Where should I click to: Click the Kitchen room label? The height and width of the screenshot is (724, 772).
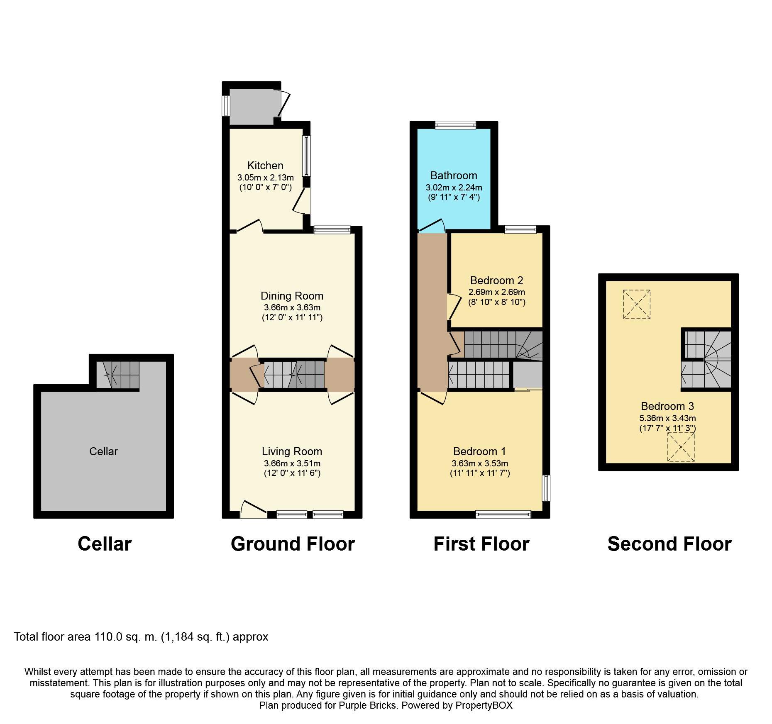pos(265,166)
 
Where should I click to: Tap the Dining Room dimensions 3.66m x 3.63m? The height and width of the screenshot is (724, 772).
pos(292,307)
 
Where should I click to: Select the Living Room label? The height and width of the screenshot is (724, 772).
pos(292,451)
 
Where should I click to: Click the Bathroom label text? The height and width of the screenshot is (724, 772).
pos(454,176)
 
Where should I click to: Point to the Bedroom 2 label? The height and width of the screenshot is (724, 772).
pos(496,280)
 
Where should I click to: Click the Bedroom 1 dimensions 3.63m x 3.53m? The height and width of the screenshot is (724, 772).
pos(480,463)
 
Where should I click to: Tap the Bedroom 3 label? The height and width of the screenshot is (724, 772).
pos(667,406)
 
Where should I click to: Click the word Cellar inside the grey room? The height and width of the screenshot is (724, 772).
pos(103,451)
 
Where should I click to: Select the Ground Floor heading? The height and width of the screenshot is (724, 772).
pos(293,544)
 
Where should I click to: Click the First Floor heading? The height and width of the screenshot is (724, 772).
pos(481,544)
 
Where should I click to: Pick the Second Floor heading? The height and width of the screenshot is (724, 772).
pos(669,544)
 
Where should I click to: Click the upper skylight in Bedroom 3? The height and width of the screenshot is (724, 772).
pos(637,305)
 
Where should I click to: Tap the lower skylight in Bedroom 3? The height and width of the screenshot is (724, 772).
pos(681,447)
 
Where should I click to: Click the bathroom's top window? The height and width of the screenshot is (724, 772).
pos(455,125)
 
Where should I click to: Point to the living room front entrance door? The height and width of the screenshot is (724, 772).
pos(253,510)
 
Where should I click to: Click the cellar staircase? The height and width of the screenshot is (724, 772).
pos(117,375)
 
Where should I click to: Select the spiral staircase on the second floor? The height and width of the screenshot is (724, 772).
pos(706,359)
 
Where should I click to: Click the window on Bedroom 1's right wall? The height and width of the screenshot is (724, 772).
pos(547,488)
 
